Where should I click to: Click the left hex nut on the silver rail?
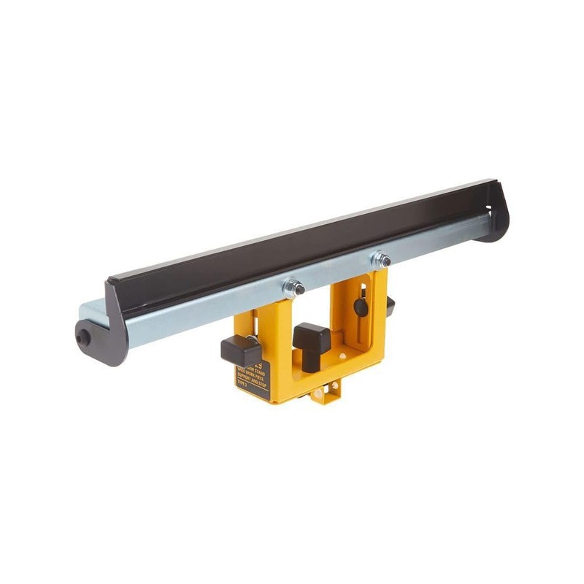coord(293,288)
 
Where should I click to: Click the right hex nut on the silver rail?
coord(380,261)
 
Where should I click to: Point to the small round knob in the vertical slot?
coord(361,307)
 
